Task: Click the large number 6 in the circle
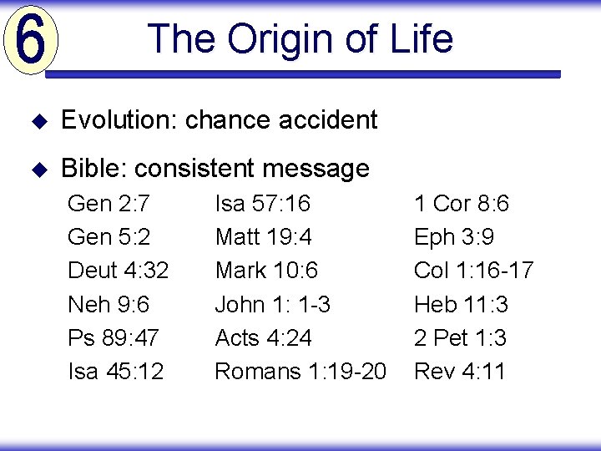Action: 30,41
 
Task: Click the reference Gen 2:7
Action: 108,204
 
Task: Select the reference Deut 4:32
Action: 118,271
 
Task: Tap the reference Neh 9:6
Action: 109,304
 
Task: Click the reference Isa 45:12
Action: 115,371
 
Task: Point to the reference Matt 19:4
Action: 263,237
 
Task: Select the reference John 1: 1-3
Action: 272,304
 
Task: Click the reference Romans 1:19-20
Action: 300,371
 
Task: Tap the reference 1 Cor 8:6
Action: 462,204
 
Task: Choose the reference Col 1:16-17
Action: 473,271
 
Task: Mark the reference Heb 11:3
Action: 461,304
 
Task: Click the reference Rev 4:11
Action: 460,371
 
